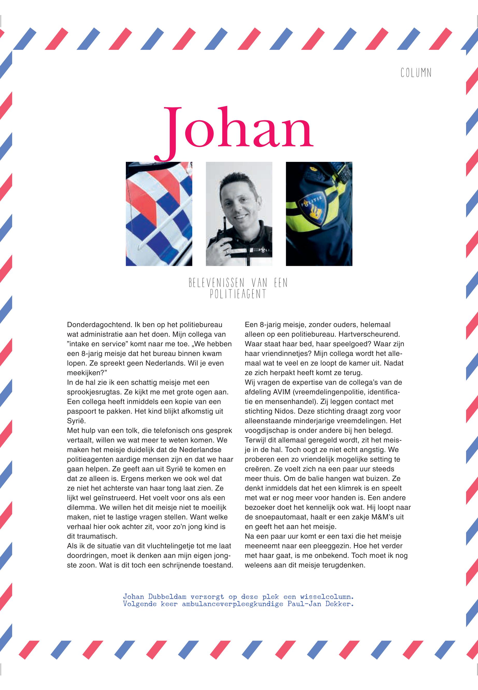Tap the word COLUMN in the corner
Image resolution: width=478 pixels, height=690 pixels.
point(416,73)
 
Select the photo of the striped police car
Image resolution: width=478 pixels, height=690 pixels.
point(159,213)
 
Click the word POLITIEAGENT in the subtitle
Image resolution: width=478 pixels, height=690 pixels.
point(238,294)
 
